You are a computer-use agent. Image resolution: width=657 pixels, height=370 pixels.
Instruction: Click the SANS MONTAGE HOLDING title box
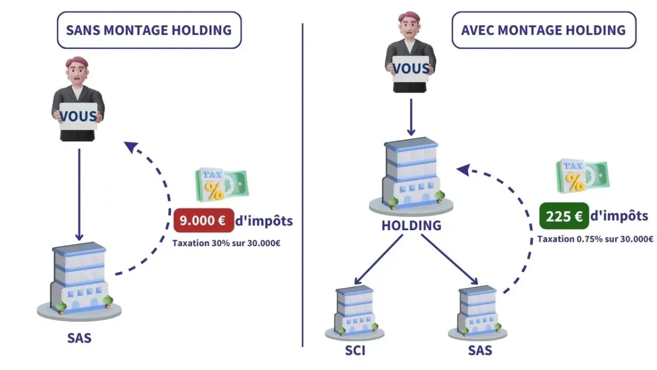[149, 30]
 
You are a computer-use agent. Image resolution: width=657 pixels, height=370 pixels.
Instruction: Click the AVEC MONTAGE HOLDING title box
[544, 30]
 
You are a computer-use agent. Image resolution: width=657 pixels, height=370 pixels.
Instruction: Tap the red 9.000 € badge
[203, 221]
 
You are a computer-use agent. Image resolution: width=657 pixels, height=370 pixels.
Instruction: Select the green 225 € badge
[564, 215]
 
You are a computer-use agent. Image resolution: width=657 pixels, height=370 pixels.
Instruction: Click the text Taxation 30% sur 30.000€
[226, 243]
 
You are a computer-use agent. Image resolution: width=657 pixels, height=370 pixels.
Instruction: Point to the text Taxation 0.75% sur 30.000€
[595, 239]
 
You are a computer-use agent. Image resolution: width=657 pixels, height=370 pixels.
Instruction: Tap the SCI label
[355, 350]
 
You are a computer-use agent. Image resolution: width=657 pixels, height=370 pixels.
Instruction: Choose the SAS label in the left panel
[79, 338]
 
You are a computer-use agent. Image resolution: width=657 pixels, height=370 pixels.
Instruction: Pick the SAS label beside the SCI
[480, 350]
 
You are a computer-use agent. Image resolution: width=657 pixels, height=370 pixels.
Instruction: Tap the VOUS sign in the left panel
[78, 116]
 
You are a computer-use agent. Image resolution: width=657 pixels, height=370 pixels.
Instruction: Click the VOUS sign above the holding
[411, 69]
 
